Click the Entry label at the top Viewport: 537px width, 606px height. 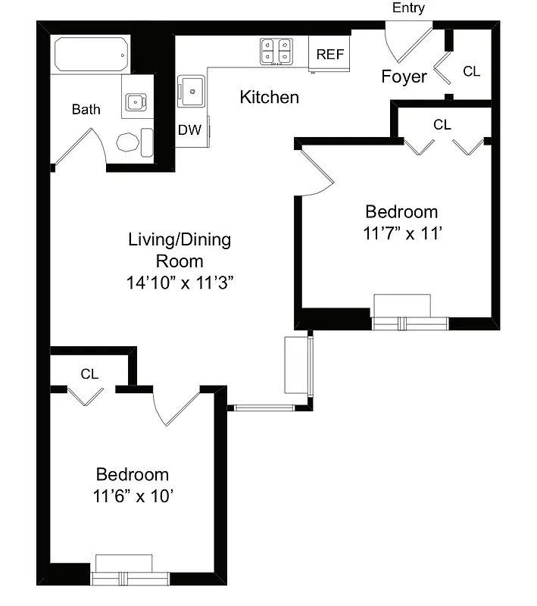click(408, 8)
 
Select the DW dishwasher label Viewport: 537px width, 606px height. click(189, 130)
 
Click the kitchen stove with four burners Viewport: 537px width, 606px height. click(276, 51)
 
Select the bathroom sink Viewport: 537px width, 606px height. click(137, 101)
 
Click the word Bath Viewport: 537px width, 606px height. click(86, 110)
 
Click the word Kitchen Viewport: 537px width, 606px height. click(269, 98)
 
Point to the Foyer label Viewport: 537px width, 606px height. click(404, 77)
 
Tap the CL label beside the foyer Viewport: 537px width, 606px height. click(471, 71)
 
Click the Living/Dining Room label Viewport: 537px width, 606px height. click(180, 251)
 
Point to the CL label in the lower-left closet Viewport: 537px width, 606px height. click(89, 373)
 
